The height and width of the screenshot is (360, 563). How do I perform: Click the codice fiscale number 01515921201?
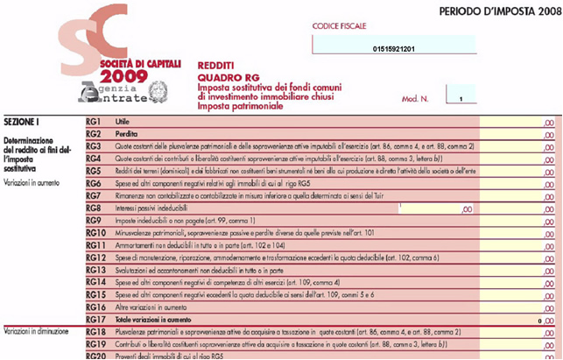[393, 48]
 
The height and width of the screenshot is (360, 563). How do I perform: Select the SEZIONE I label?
[22, 120]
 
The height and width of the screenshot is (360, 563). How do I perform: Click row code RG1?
[95, 120]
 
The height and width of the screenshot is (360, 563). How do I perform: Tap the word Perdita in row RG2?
[128, 133]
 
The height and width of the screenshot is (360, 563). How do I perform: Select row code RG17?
[96, 320]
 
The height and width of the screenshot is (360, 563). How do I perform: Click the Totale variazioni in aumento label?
[155, 320]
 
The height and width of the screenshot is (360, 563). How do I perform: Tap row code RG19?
[96, 345]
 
